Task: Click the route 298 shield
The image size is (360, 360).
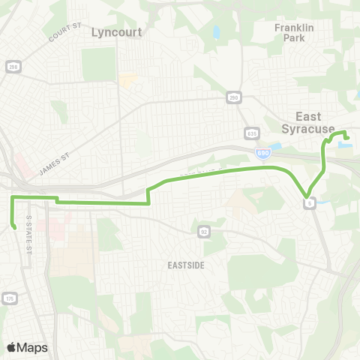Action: pyautogui.click(x=13, y=67)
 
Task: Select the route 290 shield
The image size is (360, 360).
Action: pyautogui.click(x=233, y=97)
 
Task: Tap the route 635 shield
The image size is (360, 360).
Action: pyautogui.click(x=251, y=134)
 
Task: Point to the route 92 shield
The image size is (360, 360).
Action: pyautogui.click(x=202, y=231)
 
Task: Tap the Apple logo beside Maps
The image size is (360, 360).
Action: pyautogui.click(x=11, y=347)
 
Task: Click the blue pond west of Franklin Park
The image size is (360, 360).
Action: pyautogui.click(x=216, y=33)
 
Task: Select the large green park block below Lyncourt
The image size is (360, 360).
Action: pyautogui.click(x=100, y=64)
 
